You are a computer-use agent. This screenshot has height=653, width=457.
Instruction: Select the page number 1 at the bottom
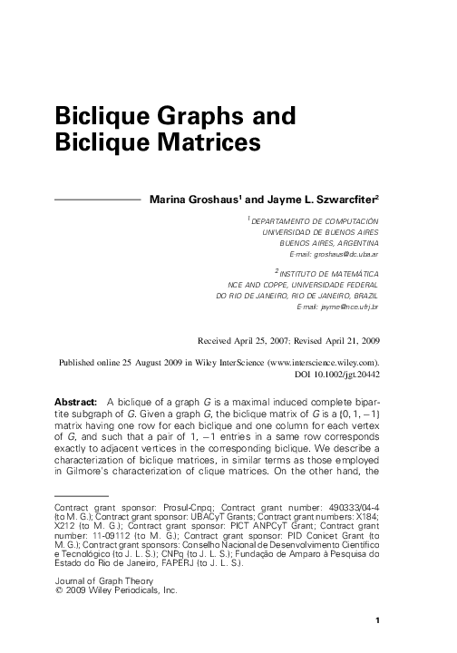tap(376, 619)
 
